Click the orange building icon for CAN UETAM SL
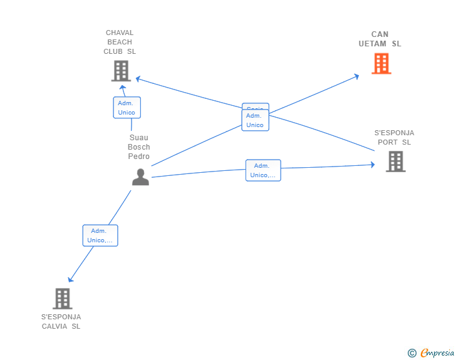coord(381,63)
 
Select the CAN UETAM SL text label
coord(380,39)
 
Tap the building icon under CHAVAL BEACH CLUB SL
coord(120,71)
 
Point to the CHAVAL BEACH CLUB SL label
coord(120,42)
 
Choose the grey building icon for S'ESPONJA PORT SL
coord(395,162)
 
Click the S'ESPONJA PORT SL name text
coord(394,137)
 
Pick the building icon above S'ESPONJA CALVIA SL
coord(62,299)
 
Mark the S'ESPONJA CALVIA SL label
coord(61,321)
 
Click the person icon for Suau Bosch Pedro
coord(140,177)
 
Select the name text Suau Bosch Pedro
coord(139,147)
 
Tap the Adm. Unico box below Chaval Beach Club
coord(127,108)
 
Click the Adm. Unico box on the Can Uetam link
coord(255,120)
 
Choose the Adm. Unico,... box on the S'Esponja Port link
coord(263,170)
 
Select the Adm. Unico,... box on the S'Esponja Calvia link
coord(100,235)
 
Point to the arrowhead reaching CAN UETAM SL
coord(356,76)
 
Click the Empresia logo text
coord(437,353)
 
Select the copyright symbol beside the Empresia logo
coord(412,353)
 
